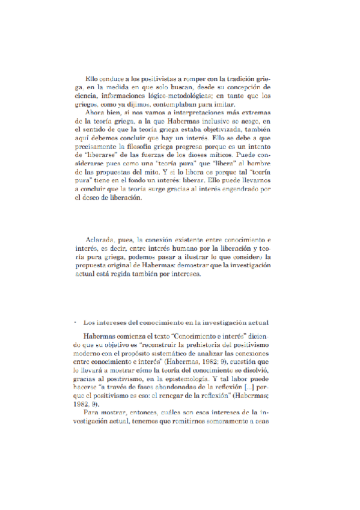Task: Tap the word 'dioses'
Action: [x=208, y=156]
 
